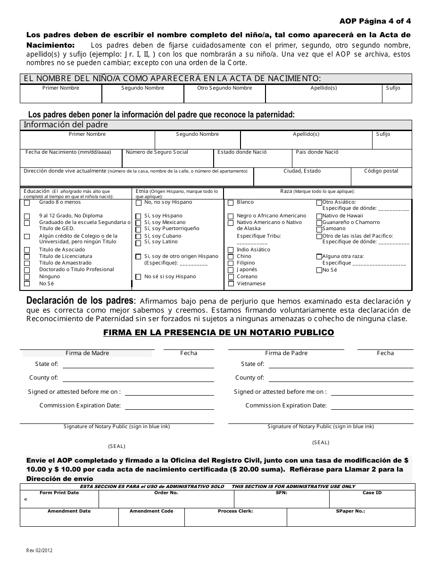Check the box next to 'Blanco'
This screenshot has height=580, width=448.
coord(231,203)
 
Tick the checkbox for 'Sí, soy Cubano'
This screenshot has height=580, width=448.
coord(138,237)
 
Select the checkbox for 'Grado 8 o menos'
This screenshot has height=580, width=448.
coord(27,203)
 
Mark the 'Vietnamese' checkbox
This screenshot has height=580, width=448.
coord(231,284)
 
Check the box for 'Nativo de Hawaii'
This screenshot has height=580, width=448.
coord(319,216)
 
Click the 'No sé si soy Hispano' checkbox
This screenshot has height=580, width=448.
coord(138,277)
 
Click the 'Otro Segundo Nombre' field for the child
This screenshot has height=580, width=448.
coord(224,96)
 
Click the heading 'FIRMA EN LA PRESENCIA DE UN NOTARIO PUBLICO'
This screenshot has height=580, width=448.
coord(219,333)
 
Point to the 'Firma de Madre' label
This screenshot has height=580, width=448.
coord(87,353)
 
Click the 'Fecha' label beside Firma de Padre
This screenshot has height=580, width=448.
coord(385,353)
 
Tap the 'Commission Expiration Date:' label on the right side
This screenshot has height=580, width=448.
coord(286,406)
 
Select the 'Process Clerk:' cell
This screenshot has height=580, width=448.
coord(235,518)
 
